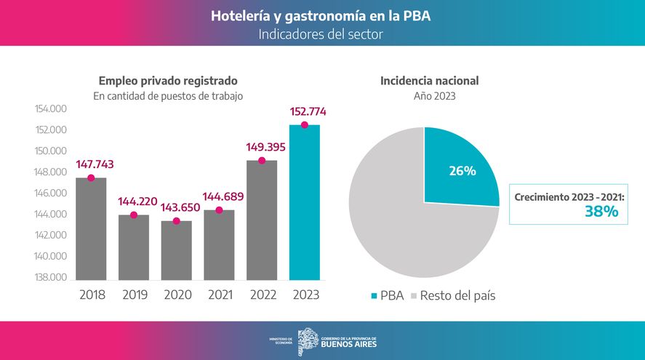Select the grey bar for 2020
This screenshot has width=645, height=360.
(x=176, y=250)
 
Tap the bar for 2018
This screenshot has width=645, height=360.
(x=91, y=228)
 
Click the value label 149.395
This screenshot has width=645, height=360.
(x=262, y=147)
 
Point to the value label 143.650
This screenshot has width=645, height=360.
(x=176, y=207)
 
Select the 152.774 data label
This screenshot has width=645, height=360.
(x=305, y=112)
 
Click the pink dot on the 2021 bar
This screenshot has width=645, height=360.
(x=219, y=210)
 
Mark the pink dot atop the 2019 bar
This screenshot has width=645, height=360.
(x=134, y=215)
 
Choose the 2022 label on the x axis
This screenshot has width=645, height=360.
(x=262, y=295)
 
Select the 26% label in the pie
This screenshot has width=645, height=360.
(x=462, y=172)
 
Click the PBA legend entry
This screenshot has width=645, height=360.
(x=387, y=296)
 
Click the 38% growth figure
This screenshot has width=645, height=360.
(x=601, y=212)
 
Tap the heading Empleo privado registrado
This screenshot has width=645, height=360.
(x=168, y=81)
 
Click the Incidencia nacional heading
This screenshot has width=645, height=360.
(x=429, y=81)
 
